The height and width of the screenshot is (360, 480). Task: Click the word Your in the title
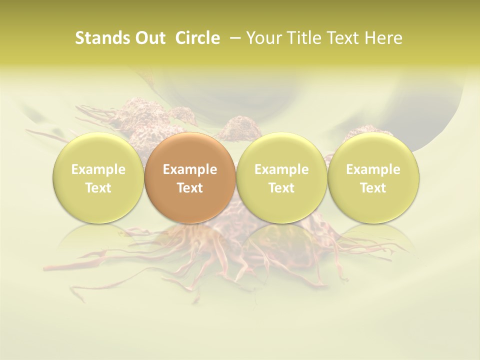click(x=262, y=38)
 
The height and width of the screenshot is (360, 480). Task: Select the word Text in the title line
click(x=340, y=38)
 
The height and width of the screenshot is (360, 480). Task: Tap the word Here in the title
click(x=382, y=38)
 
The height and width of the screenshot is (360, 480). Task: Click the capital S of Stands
click(x=79, y=38)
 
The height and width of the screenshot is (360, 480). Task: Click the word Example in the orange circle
click(x=190, y=169)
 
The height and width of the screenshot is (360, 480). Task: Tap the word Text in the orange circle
click(x=190, y=188)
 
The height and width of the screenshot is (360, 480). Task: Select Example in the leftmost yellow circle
click(x=98, y=169)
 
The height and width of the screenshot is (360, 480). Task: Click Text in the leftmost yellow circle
click(x=98, y=188)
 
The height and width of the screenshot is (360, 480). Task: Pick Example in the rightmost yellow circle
click(x=373, y=169)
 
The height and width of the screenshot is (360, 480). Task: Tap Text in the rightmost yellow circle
click(x=373, y=188)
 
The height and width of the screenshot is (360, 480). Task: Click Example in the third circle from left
click(x=281, y=169)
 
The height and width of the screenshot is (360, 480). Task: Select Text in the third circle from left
click(x=281, y=188)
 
